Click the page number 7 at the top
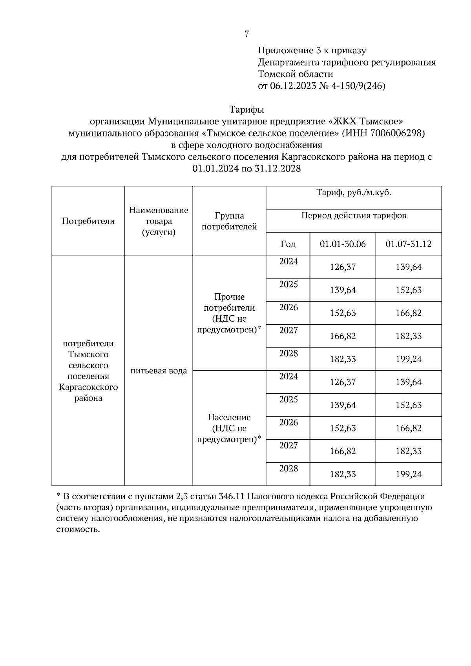click(246, 35)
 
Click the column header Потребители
click(88, 221)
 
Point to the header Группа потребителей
click(229, 221)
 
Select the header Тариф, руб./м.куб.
click(354, 193)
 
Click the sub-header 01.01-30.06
click(342, 244)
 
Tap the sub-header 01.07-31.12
click(408, 244)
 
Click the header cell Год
click(288, 244)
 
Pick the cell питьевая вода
click(159, 371)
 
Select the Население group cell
click(229, 428)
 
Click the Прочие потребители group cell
click(229, 313)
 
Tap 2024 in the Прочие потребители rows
click(288, 262)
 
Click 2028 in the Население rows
click(288, 468)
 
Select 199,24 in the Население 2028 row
click(408, 475)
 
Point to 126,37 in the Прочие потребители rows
click(342, 267)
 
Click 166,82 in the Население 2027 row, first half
click(342, 451)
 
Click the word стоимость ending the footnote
click(76, 530)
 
